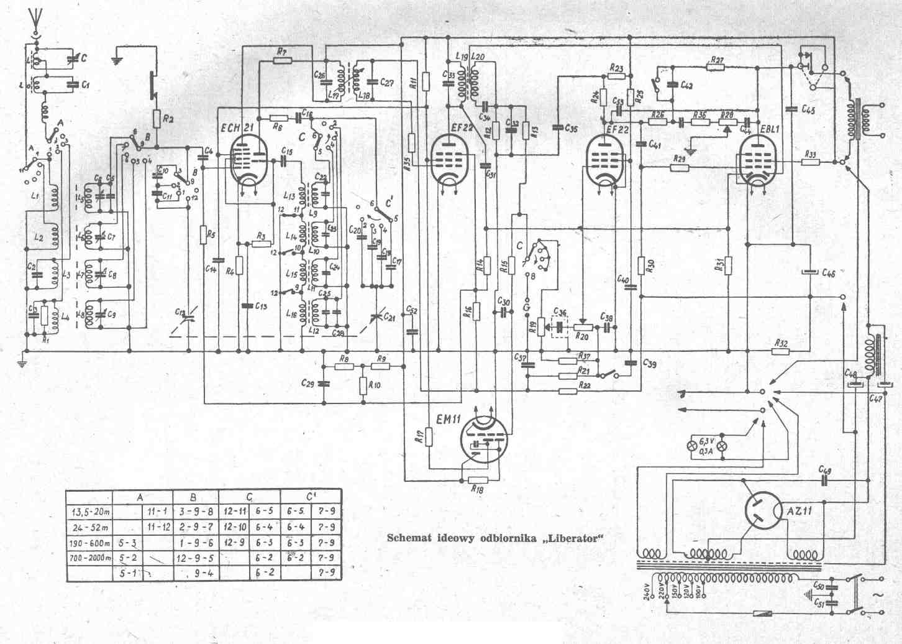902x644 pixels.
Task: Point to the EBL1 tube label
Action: [x=769, y=129]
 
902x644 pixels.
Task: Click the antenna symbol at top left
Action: [x=35, y=22]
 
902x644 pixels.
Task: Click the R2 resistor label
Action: [x=168, y=117]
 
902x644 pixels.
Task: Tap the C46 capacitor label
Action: [x=829, y=273]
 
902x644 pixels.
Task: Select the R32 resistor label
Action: [x=781, y=343]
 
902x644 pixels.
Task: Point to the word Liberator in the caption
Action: [x=574, y=538]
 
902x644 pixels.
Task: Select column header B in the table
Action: [x=194, y=497]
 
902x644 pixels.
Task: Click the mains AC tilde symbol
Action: [x=878, y=595]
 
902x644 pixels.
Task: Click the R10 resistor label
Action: [x=375, y=385]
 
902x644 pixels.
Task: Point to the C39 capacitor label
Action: [x=649, y=363]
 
